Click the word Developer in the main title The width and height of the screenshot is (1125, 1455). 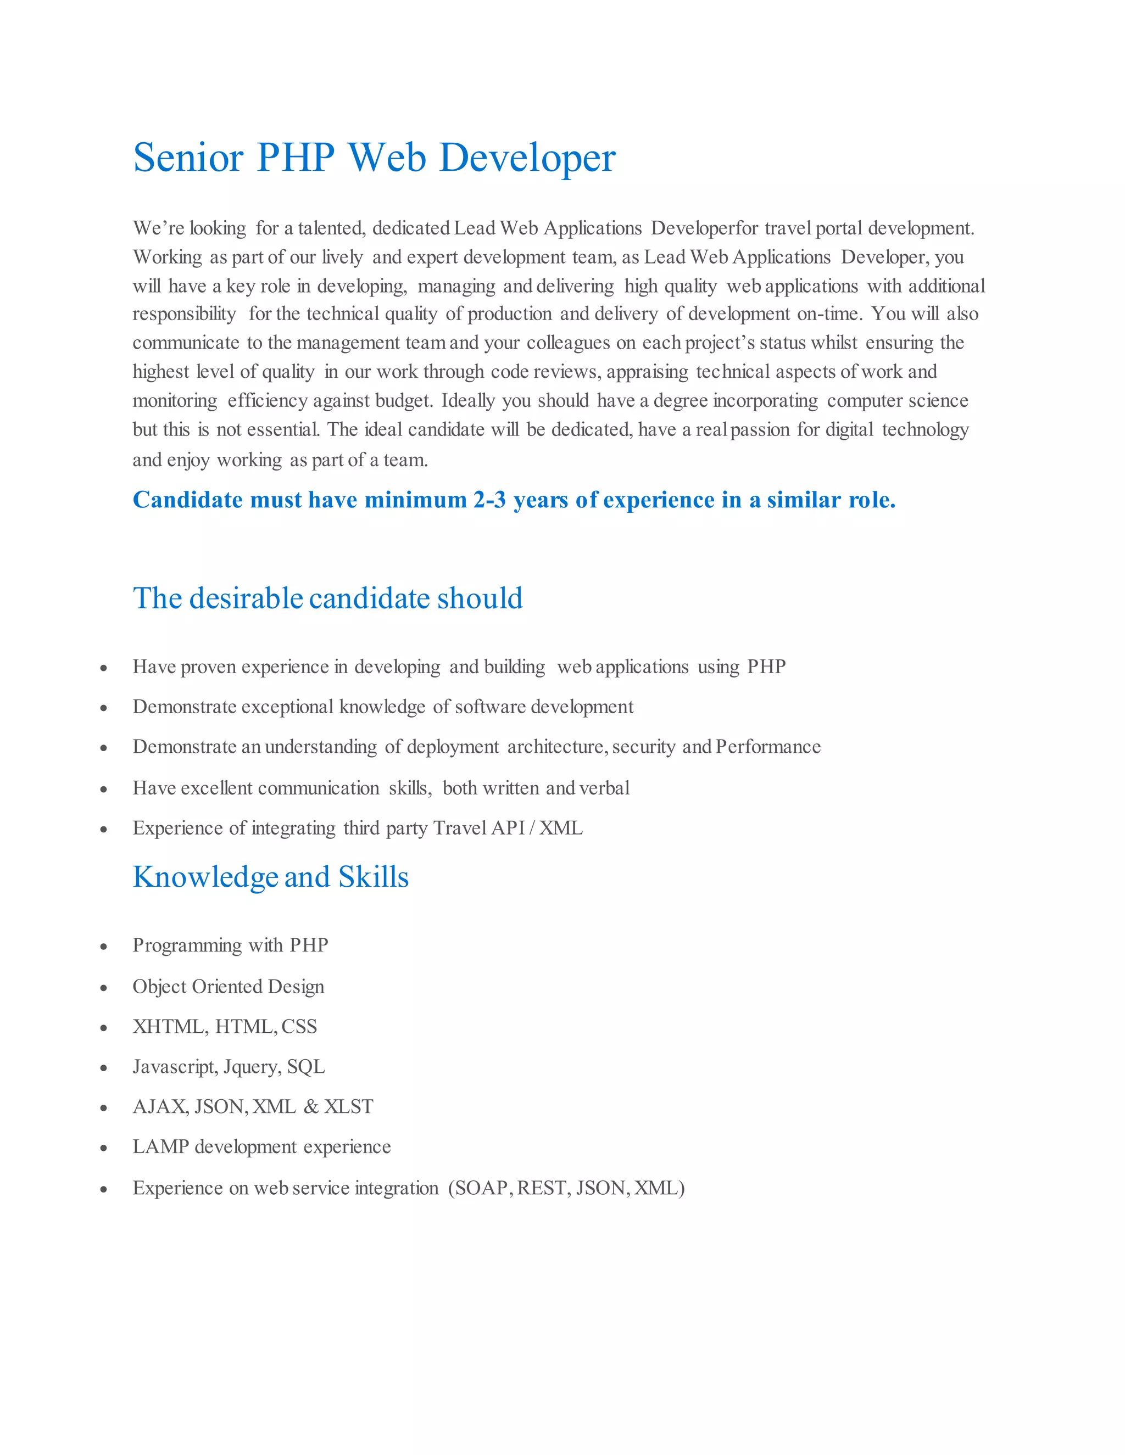(x=527, y=158)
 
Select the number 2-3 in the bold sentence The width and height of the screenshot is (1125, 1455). (x=489, y=500)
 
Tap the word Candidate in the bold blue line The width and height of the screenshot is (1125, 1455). (x=187, y=500)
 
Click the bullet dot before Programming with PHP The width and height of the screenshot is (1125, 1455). (x=103, y=947)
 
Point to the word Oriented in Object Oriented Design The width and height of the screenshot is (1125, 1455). (x=227, y=987)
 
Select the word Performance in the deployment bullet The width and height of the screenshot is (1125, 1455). (x=768, y=747)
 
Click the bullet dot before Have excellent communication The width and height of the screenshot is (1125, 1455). (x=103, y=790)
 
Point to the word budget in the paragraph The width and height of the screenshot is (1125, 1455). (x=403, y=401)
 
